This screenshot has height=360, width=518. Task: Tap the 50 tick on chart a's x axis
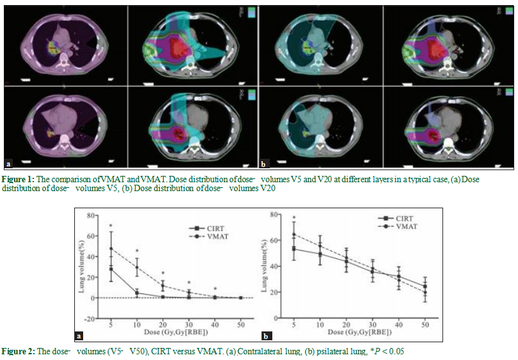click(x=241, y=324)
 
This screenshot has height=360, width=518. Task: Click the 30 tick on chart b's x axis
click(x=373, y=324)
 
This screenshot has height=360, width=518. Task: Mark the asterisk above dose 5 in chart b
click(x=294, y=219)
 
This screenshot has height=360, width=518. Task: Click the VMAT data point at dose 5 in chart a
click(x=111, y=248)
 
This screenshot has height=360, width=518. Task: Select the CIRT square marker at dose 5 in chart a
click(x=111, y=269)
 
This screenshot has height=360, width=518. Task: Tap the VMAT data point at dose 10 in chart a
click(x=137, y=267)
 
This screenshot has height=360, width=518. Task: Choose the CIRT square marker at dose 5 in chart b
click(x=294, y=248)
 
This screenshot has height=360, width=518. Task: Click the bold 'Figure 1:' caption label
click(x=18, y=180)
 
